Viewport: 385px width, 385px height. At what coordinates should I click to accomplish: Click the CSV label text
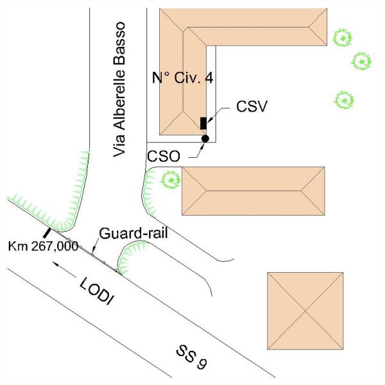[252, 107]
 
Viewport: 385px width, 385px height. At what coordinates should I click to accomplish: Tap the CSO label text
[164, 156]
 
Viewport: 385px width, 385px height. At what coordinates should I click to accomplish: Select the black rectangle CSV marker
[203, 123]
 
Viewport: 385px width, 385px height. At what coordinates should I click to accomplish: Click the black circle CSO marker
[205, 139]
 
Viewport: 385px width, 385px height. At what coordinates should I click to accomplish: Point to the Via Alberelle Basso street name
[119, 89]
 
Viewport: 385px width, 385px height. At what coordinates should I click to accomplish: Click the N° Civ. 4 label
[182, 78]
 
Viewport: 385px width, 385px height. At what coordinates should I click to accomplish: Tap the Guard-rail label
[133, 233]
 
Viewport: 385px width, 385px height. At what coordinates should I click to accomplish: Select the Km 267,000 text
[43, 246]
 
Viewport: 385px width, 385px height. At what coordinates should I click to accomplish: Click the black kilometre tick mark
[47, 233]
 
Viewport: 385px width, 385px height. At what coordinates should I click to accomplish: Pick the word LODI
[97, 291]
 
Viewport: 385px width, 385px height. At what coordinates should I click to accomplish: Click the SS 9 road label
[192, 357]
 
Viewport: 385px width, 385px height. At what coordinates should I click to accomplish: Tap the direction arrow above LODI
[64, 269]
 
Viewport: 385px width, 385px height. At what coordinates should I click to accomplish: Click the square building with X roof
[305, 311]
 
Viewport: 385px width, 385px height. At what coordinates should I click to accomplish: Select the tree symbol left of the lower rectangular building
[171, 180]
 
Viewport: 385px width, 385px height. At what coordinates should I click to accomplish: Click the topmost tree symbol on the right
[343, 38]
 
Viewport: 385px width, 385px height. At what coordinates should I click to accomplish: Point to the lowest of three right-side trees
[345, 100]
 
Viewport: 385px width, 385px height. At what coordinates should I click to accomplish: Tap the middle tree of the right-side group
[361, 61]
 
